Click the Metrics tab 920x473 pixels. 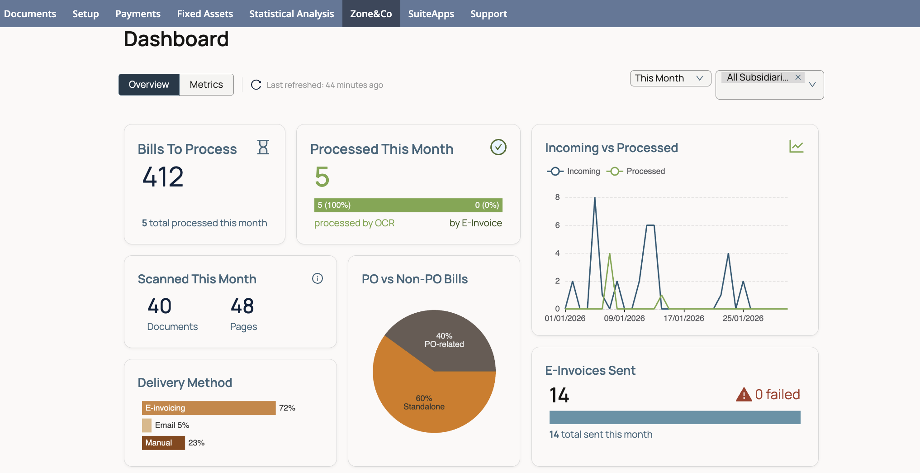pyautogui.click(x=206, y=85)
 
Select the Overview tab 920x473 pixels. pyautogui.click(x=149, y=85)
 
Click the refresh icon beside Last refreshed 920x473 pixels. pyautogui.click(x=256, y=85)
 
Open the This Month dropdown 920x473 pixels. pyautogui.click(x=670, y=78)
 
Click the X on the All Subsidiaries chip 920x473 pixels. pyautogui.click(x=798, y=77)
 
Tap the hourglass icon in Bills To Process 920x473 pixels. pyautogui.click(x=263, y=147)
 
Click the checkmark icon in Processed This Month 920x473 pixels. pyautogui.click(x=498, y=147)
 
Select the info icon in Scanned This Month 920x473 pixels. pyautogui.click(x=318, y=278)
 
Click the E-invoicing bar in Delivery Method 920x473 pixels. pyautogui.click(x=209, y=408)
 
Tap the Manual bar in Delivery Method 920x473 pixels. pyautogui.click(x=163, y=443)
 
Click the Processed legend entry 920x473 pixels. pyautogui.click(x=636, y=171)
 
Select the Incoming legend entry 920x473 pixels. pyautogui.click(x=574, y=171)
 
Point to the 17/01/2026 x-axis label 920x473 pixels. pyautogui.click(x=683, y=318)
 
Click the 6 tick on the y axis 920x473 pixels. pyautogui.click(x=557, y=225)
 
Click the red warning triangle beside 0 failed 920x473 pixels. pyautogui.click(x=744, y=395)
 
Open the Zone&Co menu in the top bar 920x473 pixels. pyautogui.click(x=371, y=14)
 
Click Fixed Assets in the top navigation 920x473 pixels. pyautogui.click(x=205, y=14)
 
